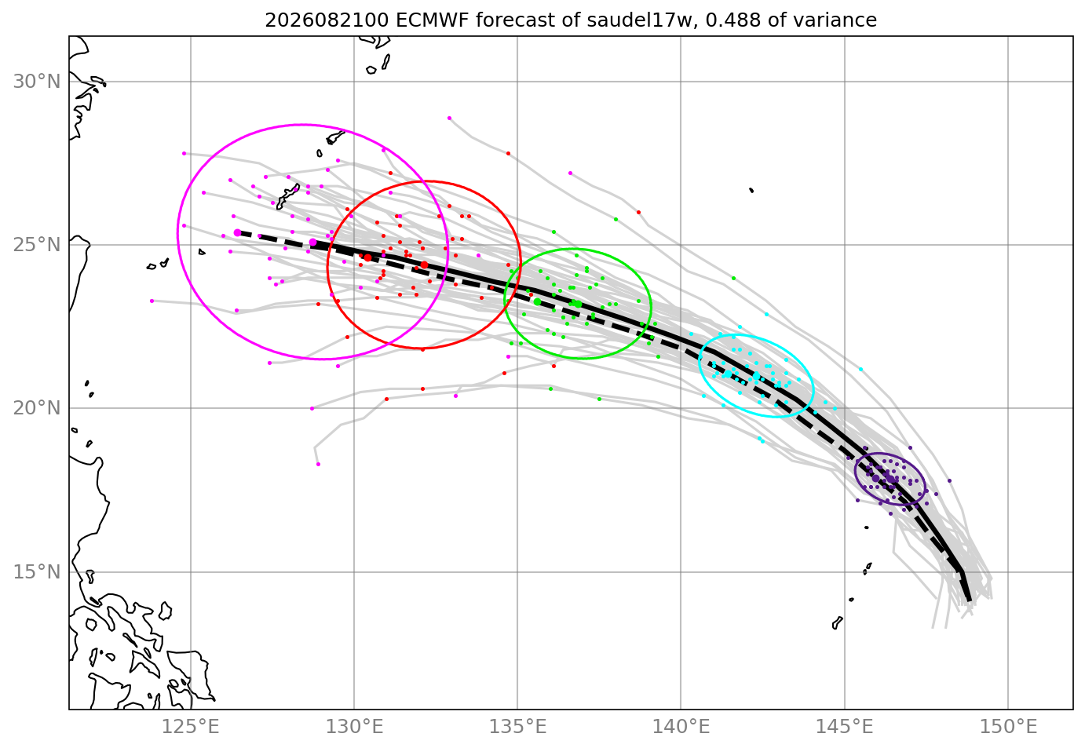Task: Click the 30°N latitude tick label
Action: pyautogui.click(x=37, y=82)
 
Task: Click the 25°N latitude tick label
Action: pyautogui.click(x=37, y=245)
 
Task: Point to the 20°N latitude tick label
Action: pyautogui.click(x=37, y=408)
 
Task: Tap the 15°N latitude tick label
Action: pyautogui.click(x=37, y=571)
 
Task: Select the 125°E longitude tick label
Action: pyautogui.click(x=190, y=727)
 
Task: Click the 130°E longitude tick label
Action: pyautogui.click(x=354, y=727)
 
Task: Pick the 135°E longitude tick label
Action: pyautogui.click(x=517, y=727)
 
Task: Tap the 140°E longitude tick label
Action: pyautogui.click(x=681, y=727)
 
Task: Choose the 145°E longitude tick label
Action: pyautogui.click(x=845, y=727)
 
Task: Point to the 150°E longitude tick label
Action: pyautogui.click(x=1008, y=727)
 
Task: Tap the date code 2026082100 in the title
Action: pyautogui.click(x=327, y=20)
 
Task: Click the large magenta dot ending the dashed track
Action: pyautogui.click(x=237, y=233)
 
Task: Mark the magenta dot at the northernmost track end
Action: pyautogui.click(x=450, y=119)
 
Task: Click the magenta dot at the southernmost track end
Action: pyautogui.click(x=318, y=465)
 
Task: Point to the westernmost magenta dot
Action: pyautogui.click(x=152, y=301)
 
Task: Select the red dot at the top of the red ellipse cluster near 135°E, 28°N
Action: pyautogui.click(x=508, y=154)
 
